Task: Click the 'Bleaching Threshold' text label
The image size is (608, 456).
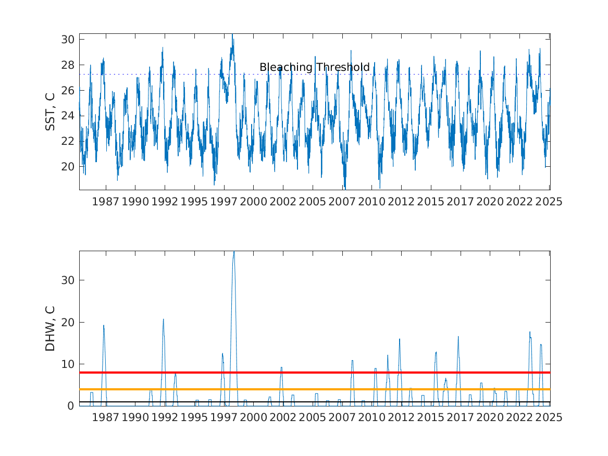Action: click(315, 67)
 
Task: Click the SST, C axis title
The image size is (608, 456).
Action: click(50, 112)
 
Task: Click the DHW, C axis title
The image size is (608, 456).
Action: click(50, 328)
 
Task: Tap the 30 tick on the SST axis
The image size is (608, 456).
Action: click(68, 39)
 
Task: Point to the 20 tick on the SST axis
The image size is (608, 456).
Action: click(68, 166)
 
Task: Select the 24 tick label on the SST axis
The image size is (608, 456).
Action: click(68, 116)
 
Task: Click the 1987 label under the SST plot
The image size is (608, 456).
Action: click(105, 202)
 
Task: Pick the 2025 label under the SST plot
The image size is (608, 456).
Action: click(549, 202)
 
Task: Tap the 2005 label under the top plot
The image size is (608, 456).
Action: click(313, 202)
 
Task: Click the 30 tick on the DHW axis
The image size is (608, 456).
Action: click(68, 280)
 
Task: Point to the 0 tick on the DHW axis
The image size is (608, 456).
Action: click(70, 405)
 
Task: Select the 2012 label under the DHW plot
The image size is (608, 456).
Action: click(401, 417)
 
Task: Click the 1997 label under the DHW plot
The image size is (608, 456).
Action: click(224, 417)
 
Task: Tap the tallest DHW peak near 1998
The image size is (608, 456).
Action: click(234, 252)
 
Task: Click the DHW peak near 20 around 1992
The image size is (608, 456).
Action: click(163, 319)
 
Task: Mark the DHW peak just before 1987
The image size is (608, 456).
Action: click(104, 325)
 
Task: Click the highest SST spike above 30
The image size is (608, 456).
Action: click(232, 34)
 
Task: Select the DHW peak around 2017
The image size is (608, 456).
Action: click(458, 337)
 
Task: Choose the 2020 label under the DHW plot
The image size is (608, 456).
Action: click(490, 417)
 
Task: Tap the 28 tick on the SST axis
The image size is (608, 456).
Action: click(68, 65)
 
